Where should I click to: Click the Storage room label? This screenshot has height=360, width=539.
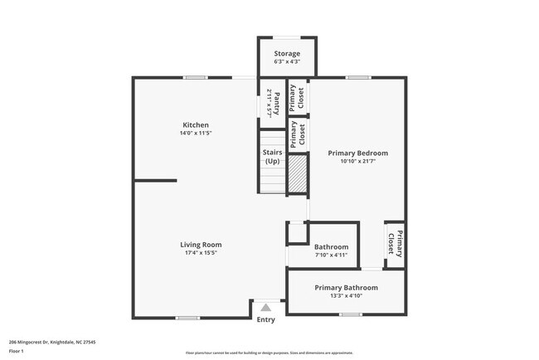pos(287,54)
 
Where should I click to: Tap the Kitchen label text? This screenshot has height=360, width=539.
pos(196,125)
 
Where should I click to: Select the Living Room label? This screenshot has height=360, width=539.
pos(201,245)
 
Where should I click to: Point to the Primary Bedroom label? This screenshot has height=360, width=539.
pos(357,153)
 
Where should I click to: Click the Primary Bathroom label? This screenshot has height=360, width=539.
pos(346,288)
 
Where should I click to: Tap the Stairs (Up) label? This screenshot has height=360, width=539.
pos(272,157)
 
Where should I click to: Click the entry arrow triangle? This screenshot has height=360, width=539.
pos(265,307)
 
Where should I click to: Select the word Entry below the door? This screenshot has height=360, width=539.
pos(265,319)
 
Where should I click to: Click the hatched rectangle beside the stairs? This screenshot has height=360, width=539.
pos(297,173)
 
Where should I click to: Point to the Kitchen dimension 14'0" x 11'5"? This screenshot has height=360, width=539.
pos(196,134)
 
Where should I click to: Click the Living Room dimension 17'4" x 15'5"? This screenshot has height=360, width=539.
pos(201,253)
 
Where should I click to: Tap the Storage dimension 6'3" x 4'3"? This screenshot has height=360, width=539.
pos(287,62)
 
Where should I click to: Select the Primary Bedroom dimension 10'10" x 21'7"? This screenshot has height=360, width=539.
pos(357,162)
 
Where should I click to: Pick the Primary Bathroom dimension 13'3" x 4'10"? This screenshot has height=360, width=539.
pos(346,296)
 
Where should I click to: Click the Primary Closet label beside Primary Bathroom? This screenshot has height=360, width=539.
pos(395,243)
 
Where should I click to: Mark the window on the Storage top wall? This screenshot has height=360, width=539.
pos(286,36)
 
